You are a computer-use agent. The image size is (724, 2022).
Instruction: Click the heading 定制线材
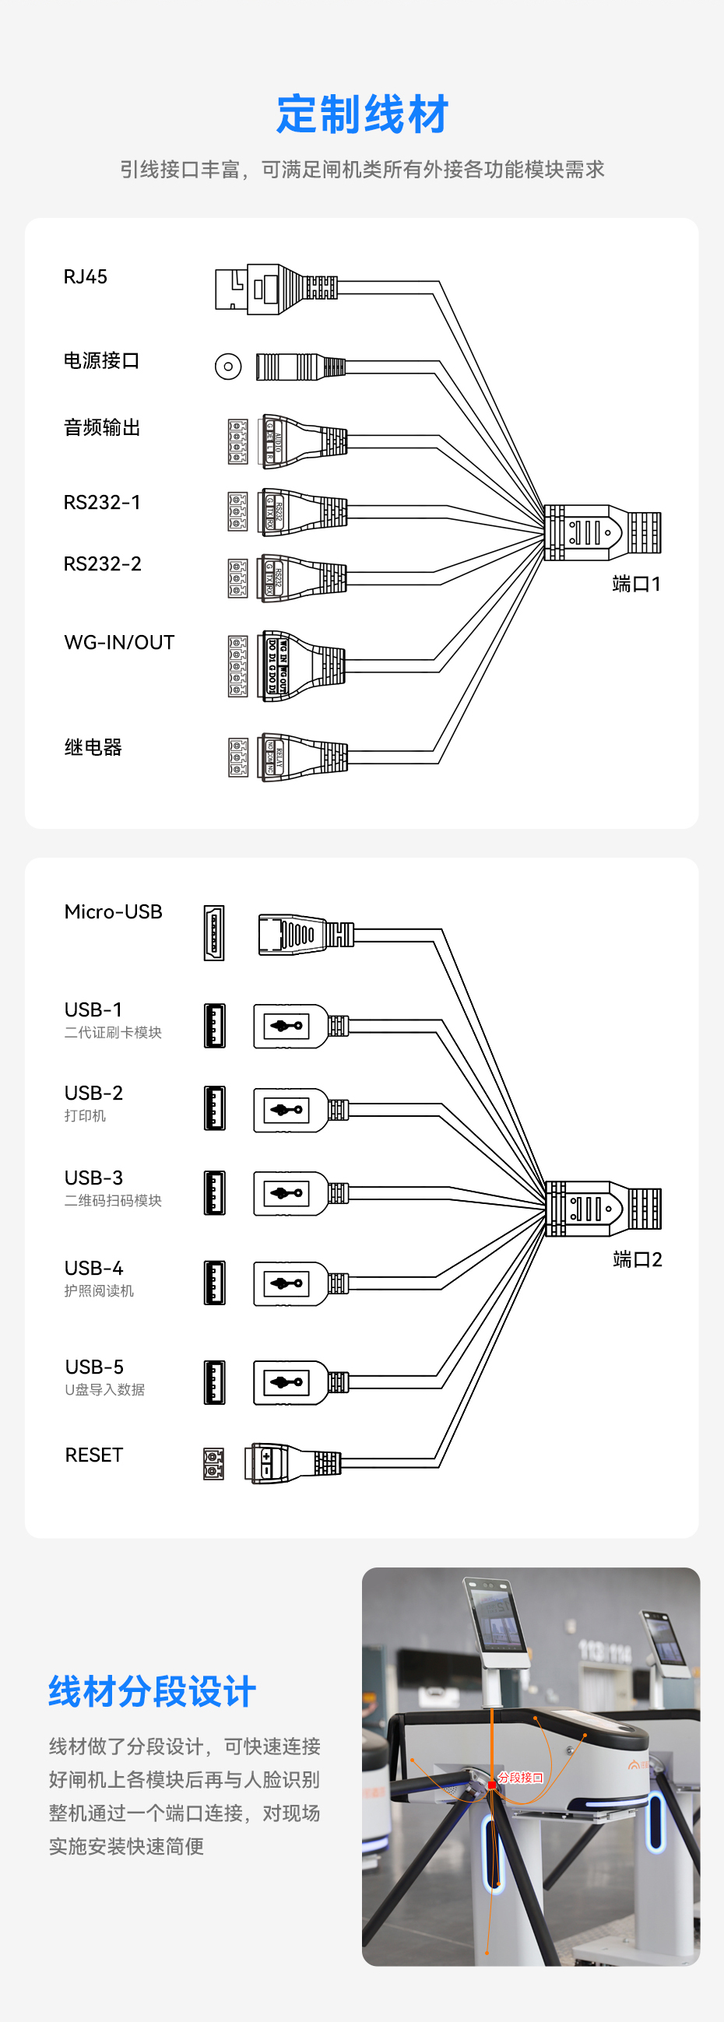click(362, 114)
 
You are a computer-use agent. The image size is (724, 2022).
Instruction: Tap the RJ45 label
click(85, 277)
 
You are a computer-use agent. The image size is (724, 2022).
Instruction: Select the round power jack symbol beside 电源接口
click(228, 367)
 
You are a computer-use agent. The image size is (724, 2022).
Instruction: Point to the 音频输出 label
click(101, 428)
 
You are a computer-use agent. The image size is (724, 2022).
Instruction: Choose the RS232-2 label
click(102, 564)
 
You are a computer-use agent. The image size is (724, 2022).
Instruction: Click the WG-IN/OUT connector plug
click(302, 665)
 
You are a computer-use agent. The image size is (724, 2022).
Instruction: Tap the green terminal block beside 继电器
click(238, 757)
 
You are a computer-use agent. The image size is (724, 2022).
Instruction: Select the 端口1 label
click(636, 584)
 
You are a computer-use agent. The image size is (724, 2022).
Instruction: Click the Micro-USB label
click(113, 912)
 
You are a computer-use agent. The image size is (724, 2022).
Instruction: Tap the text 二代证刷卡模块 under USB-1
click(113, 1033)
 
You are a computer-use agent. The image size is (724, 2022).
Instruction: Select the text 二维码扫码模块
click(113, 1201)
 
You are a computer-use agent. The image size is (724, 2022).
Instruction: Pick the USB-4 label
click(93, 1269)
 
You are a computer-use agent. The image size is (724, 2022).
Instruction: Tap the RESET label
click(93, 1455)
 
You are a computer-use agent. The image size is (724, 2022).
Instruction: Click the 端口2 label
click(637, 1260)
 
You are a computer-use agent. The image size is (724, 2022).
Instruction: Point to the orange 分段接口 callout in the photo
click(520, 1778)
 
